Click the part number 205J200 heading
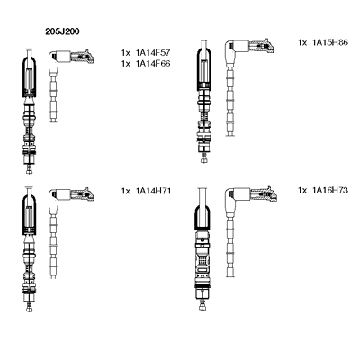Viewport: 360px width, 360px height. pyautogui.click(x=62, y=31)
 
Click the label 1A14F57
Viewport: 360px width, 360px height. pyautogui.click(x=153, y=53)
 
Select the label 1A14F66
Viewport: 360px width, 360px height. pyautogui.click(x=153, y=64)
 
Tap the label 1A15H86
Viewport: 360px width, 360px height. pyautogui.click(x=330, y=42)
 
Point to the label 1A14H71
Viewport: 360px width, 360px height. pyautogui.click(x=153, y=191)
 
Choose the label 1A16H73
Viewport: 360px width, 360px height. pyautogui.click(x=330, y=190)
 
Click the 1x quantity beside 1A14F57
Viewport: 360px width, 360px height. pyautogui.click(x=126, y=53)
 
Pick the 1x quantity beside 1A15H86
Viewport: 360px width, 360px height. pyautogui.click(x=302, y=43)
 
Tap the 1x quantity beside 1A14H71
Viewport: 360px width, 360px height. pyautogui.click(x=126, y=191)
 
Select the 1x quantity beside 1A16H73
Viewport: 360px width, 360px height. pyautogui.click(x=302, y=191)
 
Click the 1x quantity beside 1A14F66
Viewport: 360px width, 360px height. pyautogui.click(x=126, y=64)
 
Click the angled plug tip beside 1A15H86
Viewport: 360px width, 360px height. pyautogui.click(x=269, y=45)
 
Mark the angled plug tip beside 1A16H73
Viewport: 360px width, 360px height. pyautogui.click(x=272, y=193)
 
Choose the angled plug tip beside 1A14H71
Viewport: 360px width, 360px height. pyautogui.click(x=89, y=194)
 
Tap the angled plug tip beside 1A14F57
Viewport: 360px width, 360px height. pyautogui.click(x=89, y=57)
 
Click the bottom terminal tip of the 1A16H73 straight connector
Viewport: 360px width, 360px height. pyautogui.click(x=202, y=307)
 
